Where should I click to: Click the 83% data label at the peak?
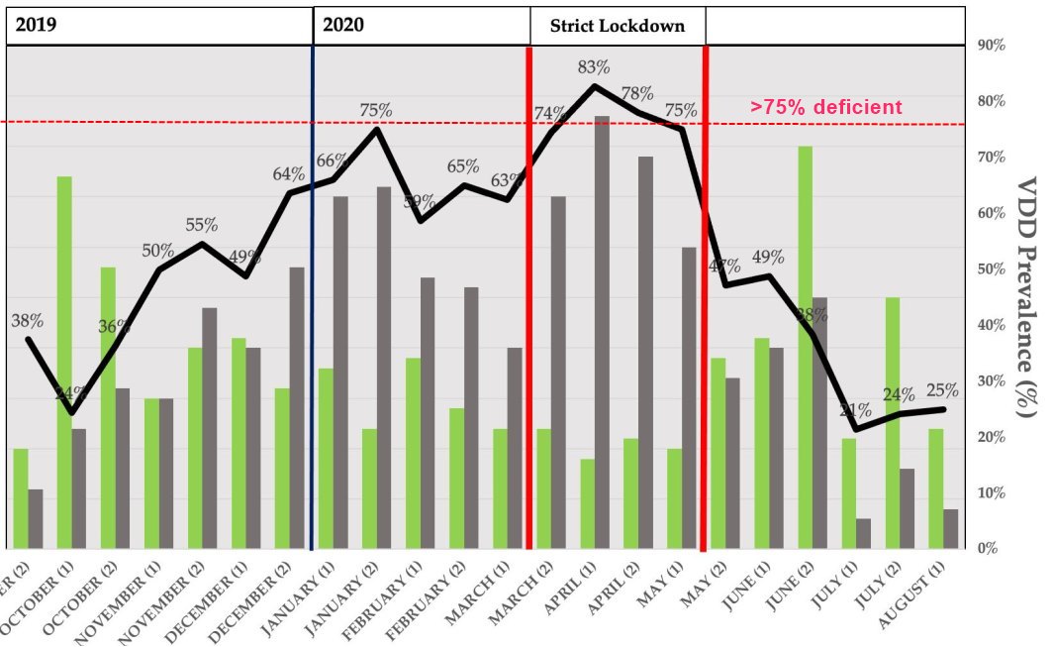[x=595, y=68]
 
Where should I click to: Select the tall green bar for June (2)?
[x=805, y=347]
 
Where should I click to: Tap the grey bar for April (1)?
[x=602, y=332]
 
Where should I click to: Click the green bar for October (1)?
[x=63, y=362]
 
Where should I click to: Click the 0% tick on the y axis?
[x=987, y=548]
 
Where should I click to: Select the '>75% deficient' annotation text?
[x=825, y=107]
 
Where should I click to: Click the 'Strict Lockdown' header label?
[x=618, y=26]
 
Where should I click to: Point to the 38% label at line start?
[x=27, y=321]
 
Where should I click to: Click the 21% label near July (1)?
[x=856, y=411]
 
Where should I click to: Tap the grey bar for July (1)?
[x=863, y=533]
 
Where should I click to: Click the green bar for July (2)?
[x=892, y=422]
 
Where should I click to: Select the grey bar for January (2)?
[x=384, y=368]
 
